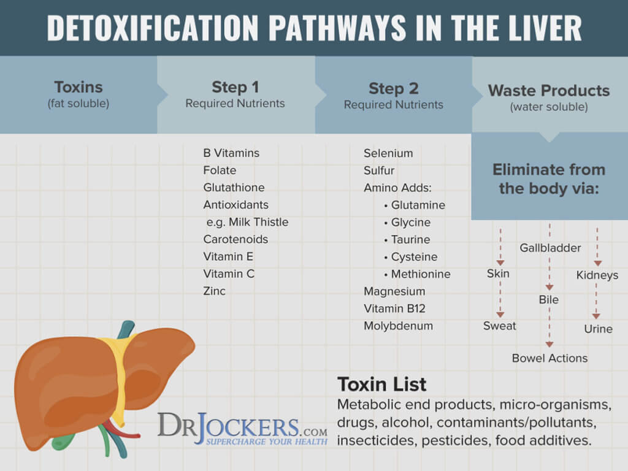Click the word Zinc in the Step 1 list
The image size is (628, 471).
click(214, 291)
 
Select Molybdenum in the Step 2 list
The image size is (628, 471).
click(398, 326)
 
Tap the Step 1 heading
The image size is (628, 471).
click(235, 87)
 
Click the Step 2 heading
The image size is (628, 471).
click(393, 88)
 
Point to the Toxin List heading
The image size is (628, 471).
click(381, 384)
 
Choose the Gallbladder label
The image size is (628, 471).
click(550, 248)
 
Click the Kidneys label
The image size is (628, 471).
click(597, 275)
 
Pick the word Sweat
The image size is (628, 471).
click(499, 326)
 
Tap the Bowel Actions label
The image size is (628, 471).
click(549, 358)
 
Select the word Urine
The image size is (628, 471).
click(598, 329)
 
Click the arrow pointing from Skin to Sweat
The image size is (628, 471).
click(500, 299)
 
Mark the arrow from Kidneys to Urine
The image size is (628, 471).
click(596, 301)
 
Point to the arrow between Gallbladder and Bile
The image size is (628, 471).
click(549, 274)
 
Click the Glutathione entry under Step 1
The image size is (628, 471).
click(234, 188)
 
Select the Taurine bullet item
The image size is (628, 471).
click(407, 240)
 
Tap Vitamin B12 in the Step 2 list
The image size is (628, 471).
click(394, 308)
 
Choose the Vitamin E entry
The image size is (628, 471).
click(228, 256)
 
